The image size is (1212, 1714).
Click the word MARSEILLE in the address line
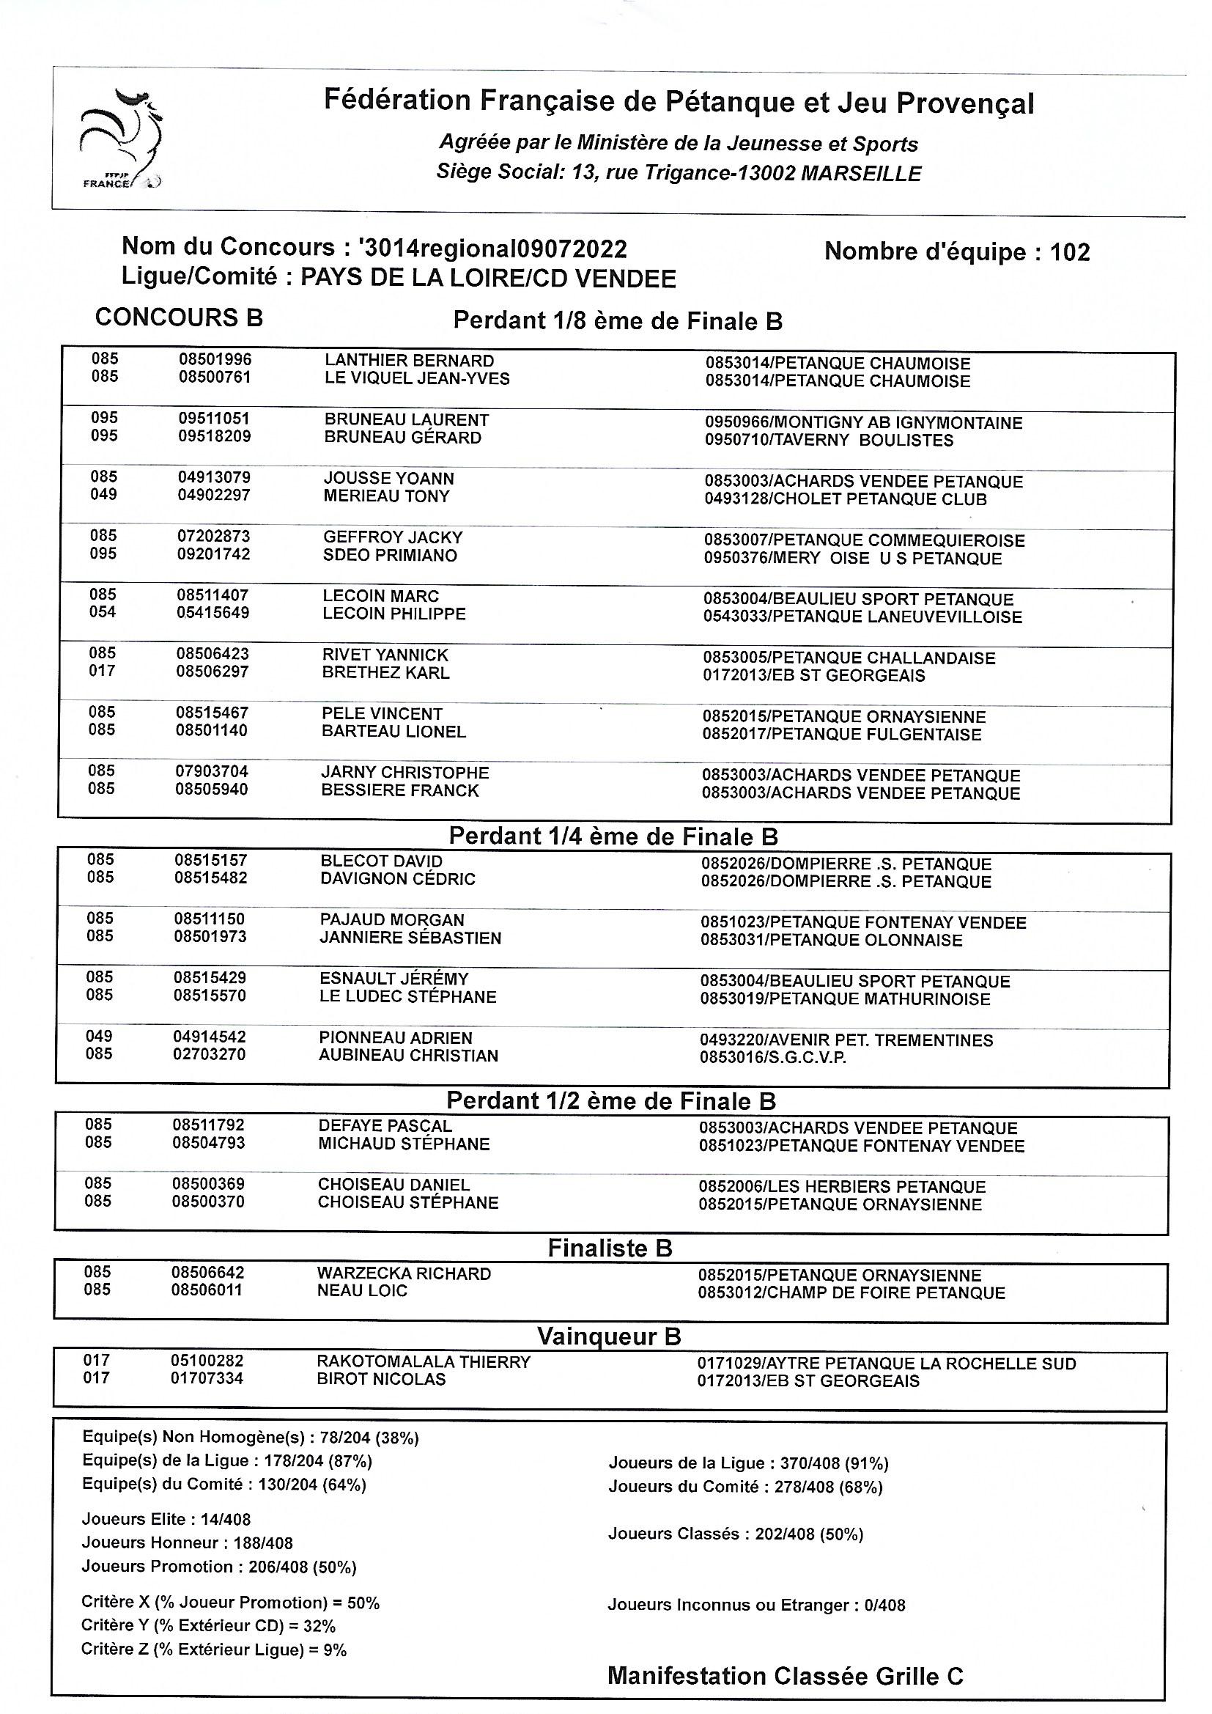pos(860,174)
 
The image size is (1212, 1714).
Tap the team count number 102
pos(1069,252)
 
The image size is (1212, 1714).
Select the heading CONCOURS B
pos(179,317)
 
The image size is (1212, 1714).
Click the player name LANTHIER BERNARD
pos(409,361)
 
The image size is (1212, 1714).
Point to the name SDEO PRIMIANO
pos(390,556)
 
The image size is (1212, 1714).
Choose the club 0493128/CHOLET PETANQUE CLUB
pos(845,499)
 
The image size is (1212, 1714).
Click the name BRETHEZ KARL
pos(386,672)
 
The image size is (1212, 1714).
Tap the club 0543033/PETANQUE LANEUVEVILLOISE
pos(862,617)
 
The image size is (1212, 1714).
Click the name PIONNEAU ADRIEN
pos(396,1037)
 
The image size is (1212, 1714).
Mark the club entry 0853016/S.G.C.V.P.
pos(772,1058)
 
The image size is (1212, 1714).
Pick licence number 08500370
pos(208,1202)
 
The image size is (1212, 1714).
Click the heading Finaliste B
pos(610,1248)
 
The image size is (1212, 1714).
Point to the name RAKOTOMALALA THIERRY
pos(423,1361)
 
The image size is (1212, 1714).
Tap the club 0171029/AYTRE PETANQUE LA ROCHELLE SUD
pos(887,1364)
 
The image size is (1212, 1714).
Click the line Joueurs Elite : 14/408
pos(166,1519)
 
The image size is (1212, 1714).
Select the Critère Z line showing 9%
pos(214,1649)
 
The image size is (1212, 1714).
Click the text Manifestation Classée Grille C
pos(785,1677)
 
